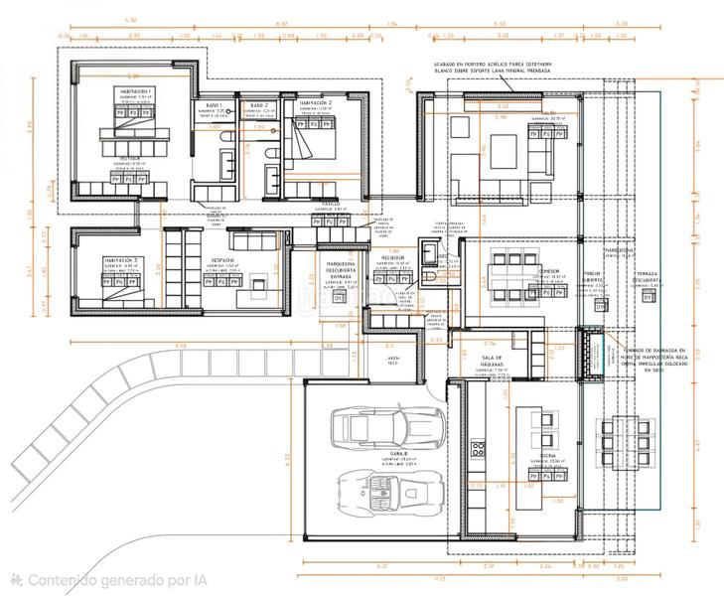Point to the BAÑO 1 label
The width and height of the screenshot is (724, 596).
pos(216,105)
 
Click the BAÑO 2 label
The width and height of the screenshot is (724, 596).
pos(258,105)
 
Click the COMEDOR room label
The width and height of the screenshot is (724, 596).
pos(549,271)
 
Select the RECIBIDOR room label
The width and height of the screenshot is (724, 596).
pos(392,257)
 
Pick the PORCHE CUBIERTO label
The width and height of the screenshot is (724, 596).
pos(594,275)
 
